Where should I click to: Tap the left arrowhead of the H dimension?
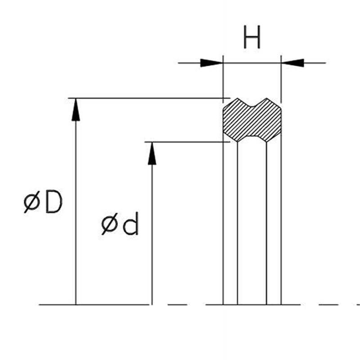pyautogui.click(x=212, y=63)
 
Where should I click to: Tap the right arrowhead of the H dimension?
pyautogui.click(x=293, y=63)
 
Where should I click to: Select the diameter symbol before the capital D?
pyautogui.click(x=32, y=203)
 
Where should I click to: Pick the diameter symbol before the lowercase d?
pyautogui.click(x=110, y=225)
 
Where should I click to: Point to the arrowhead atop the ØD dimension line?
pyautogui.click(x=76, y=109)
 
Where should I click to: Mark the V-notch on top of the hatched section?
pyautogui.click(x=252, y=104)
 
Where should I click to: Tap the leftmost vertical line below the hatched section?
pyautogui.click(x=224, y=225)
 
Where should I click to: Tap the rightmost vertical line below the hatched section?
pyautogui.click(x=281, y=225)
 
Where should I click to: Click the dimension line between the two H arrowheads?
pyautogui.click(x=252, y=63)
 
